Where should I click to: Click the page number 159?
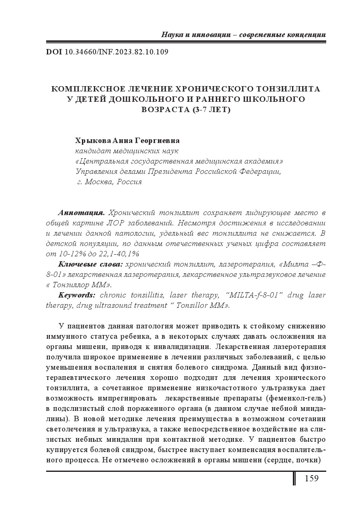(311, 478)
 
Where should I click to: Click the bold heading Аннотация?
(81, 213)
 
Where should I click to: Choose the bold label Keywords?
(77, 295)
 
